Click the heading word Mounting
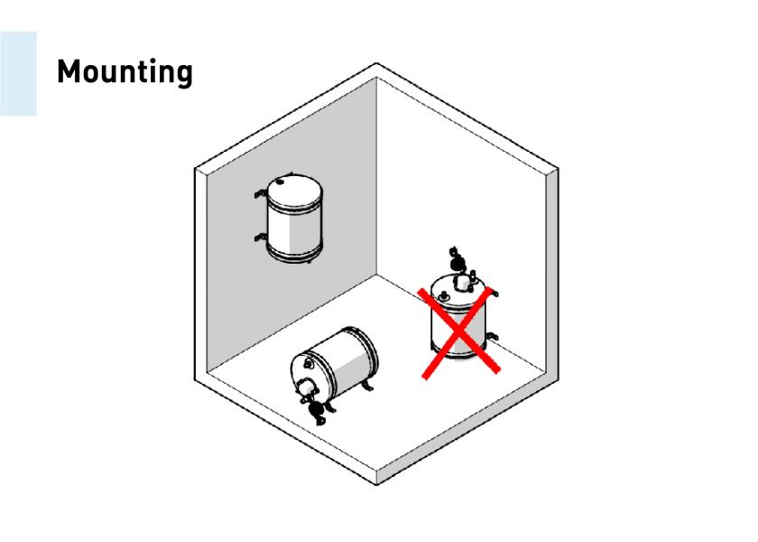[125, 71]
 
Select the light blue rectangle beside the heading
[18, 73]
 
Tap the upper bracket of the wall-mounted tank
[260, 193]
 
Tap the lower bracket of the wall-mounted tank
[260, 238]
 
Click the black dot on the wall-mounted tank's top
[280, 182]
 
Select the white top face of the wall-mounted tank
[295, 189]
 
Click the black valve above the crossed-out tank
[456, 260]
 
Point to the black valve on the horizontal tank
[316, 410]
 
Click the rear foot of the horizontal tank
[368, 386]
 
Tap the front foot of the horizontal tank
[330, 407]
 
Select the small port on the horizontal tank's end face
[308, 363]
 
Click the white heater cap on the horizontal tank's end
[307, 387]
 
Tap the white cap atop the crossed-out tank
[463, 283]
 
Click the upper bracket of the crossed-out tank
[493, 293]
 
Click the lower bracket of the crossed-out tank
[491, 336]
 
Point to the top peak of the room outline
[376, 63]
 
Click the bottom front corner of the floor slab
[377, 484]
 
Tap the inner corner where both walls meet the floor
[376, 275]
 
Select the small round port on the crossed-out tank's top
[443, 294]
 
